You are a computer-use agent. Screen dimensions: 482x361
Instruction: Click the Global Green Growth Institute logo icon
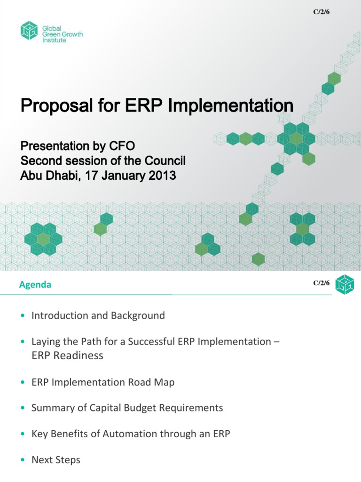pyautogui.click(x=29, y=31)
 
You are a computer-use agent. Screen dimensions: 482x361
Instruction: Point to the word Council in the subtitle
pyautogui.click(x=165, y=161)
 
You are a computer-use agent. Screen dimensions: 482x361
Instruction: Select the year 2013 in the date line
pyautogui.click(x=161, y=176)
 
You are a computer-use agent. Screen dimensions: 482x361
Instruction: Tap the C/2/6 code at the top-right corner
pyautogui.click(x=322, y=11)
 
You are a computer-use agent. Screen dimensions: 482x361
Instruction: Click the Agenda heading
pyautogui.click(x=35, y=285)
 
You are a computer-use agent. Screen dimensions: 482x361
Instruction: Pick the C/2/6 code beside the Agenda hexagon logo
pyautogui.click(x=322, y=283)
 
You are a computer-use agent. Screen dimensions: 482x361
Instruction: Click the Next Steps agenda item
pyautogui.click(x=55, y=460)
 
